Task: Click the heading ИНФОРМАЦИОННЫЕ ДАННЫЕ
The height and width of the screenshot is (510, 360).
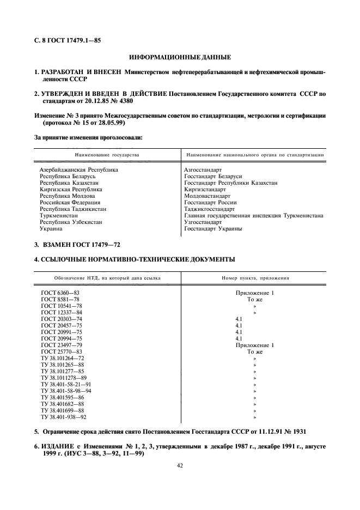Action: pyautogui.click(x=180, y=57)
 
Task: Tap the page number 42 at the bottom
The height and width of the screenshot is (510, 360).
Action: pyautogui.click(x=180, y=465)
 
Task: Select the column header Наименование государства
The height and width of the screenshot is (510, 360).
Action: pyautogui.click(x=103, y=155)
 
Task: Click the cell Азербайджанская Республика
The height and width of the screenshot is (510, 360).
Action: pyautogui.click(x=78, y=170)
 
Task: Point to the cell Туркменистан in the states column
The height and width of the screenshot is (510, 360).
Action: pyautogui.click(x=59, y=216)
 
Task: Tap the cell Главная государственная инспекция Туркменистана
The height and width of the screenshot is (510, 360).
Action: pyautogui.click(x=253, y=216)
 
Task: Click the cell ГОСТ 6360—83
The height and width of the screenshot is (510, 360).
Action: pyautogui.click(x=60, y=293)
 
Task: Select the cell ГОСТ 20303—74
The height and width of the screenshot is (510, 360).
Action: pyautogui.click(x=62, y=319)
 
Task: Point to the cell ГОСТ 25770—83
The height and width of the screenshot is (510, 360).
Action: pyautogui.click(x=62, y=351)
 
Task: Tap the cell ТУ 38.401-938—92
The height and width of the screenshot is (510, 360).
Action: pyautogui.click(x=64, y=417)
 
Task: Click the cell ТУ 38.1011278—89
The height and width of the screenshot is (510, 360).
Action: pyautogui.click(x=64, y=378)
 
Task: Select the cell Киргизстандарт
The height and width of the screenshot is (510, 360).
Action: pyautogui.click(x=205, y=190)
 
